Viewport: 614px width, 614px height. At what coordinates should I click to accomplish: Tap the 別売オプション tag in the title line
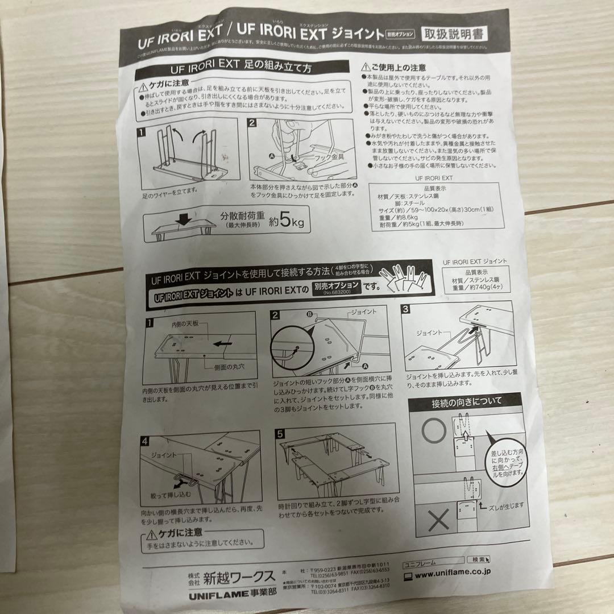[401, 34]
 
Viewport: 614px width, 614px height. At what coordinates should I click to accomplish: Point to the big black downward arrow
[183, 220]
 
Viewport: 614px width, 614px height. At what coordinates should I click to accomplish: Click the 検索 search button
[480, 560]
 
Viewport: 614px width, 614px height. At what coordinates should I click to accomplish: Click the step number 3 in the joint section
[405, 309]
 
